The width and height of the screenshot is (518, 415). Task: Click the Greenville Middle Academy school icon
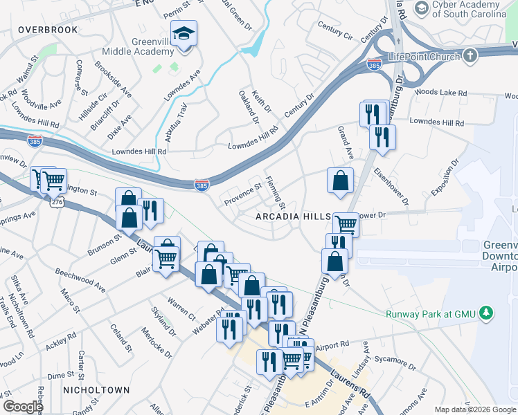click(x=184, y=33)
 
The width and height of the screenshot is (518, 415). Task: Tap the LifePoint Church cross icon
click(x=470, y=56)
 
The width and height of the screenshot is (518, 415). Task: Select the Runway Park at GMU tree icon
click(x=488, y=313)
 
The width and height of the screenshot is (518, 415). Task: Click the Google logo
click(x=23, y=406)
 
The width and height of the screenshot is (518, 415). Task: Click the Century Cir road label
click(x=334, y=29)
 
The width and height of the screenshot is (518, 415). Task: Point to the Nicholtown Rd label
click(x=29, y=317)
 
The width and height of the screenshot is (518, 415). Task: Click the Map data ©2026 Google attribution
click(x=475, y=409)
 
